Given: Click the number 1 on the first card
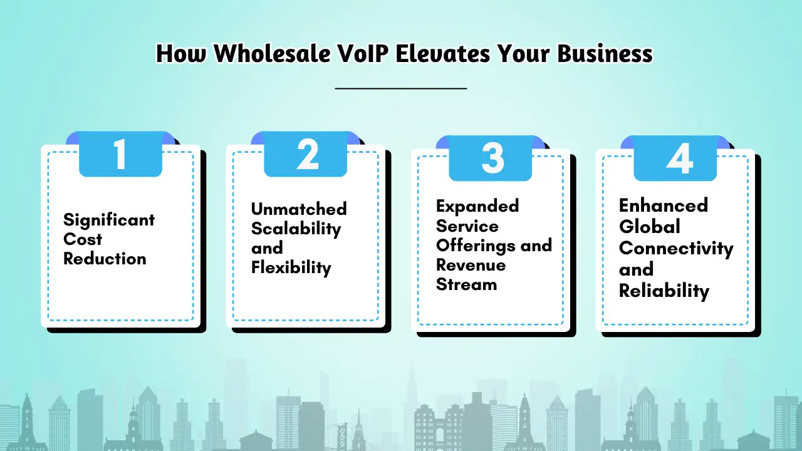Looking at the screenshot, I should point(120,155).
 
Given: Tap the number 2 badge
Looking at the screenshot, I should point(306,155).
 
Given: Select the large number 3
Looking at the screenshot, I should point(492,158).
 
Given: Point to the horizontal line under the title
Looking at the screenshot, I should point(401,88).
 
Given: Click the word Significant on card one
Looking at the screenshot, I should point(109,220).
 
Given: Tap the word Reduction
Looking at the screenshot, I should point(105,259).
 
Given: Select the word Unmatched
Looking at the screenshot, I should point(299,209).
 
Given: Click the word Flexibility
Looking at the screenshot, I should point(291,267).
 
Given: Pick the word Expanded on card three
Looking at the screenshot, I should point(477,206).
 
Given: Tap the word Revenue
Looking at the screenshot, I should point(471,265).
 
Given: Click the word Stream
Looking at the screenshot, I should point(466,284).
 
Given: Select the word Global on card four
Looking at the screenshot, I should point(649,226).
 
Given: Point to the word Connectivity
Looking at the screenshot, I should point(676,248).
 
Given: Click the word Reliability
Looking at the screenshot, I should point(664,291).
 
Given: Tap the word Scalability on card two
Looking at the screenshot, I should point(296,229).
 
